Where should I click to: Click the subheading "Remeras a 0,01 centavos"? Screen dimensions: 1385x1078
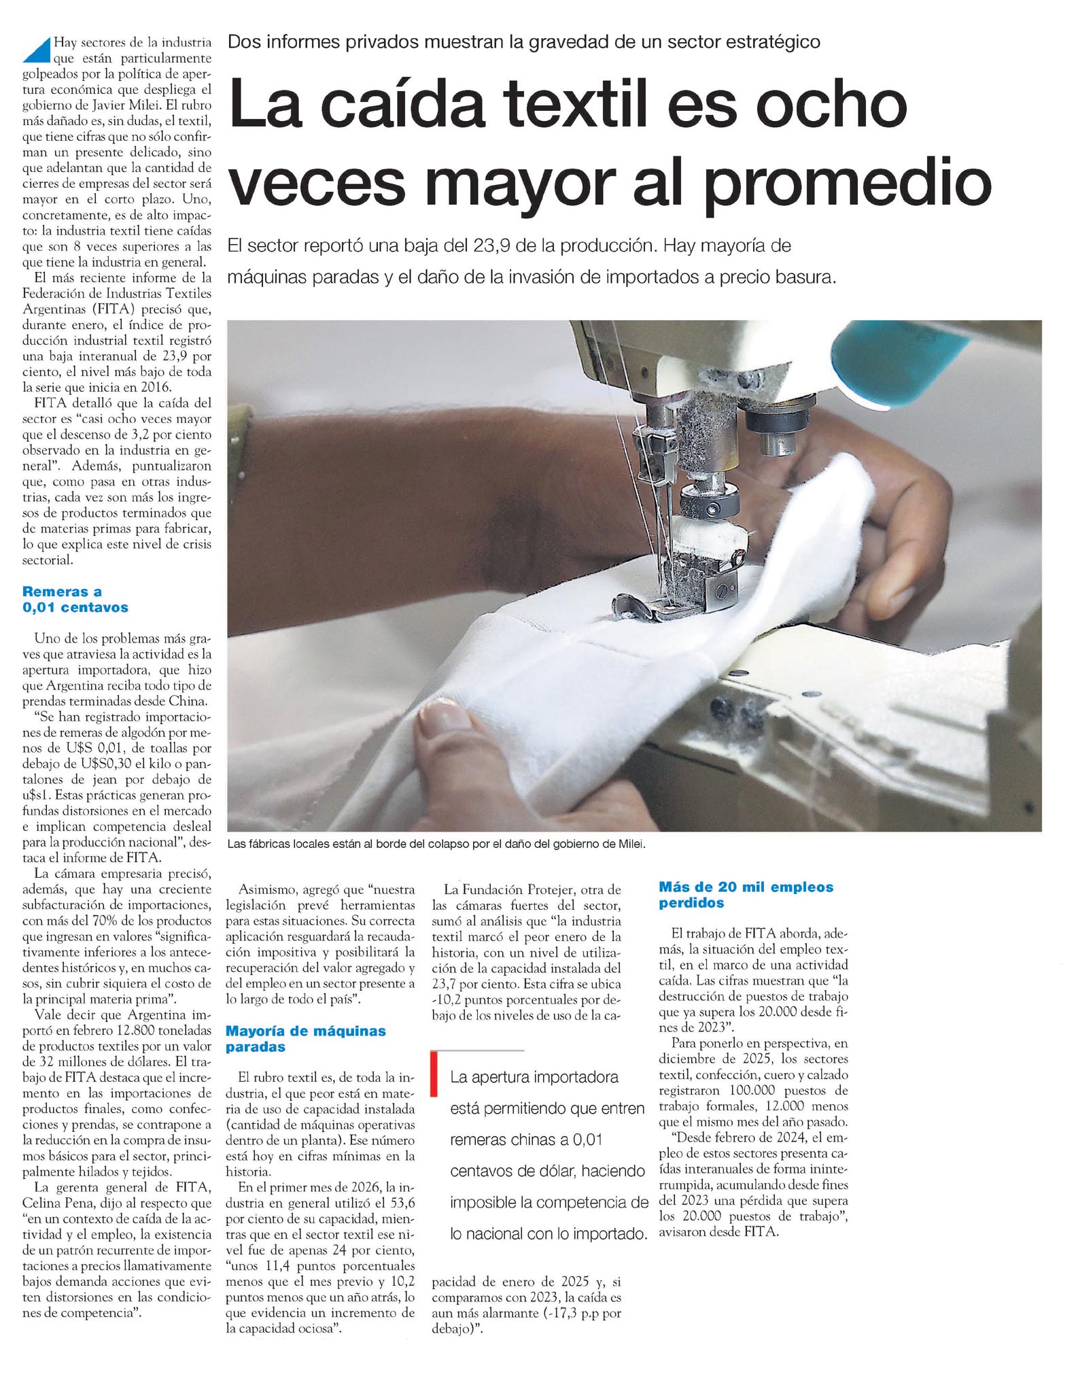[x=75, y=599]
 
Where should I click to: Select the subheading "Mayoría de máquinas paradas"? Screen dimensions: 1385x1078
[x=305, y=1038]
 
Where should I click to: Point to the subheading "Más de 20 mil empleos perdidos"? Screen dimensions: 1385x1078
[x=746, y=895]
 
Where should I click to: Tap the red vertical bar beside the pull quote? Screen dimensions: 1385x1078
[x=433, y=1074]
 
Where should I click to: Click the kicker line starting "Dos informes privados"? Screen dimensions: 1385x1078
[x=523, y=41]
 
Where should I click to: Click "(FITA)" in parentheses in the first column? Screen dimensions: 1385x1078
[x=103, y=309]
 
